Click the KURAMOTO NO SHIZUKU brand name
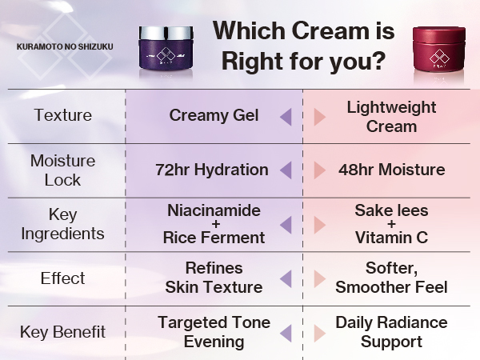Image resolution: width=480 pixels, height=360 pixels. pos(65,46)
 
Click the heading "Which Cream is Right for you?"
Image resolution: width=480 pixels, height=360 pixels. pos(303,45)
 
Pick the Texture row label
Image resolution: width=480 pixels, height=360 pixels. pos(62,115)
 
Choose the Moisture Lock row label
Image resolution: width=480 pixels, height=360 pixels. pos(62,170)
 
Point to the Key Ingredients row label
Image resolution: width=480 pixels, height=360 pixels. pos(62,224)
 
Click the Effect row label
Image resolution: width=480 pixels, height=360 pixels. pos(62,278)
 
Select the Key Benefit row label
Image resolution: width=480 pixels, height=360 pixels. pos(62,332)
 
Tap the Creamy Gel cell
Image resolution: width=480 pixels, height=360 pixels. pos(214,115)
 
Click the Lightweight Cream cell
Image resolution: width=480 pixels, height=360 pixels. pos(391,117)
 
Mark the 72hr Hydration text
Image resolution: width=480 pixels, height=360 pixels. pos(212,170)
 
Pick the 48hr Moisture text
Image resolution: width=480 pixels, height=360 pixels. pos(391,170)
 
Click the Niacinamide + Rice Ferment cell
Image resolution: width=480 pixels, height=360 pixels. pos(214,224)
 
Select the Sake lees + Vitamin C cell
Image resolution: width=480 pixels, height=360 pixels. pos(391,224)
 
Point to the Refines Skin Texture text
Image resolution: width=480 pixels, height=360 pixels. pos(214,278)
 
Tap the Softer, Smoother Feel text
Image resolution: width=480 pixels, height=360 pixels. pos(391,278)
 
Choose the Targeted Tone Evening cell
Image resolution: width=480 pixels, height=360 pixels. pos(214,332)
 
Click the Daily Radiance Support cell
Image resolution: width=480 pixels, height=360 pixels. pos(391,332)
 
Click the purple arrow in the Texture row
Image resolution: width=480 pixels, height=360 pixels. pos(284,117)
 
